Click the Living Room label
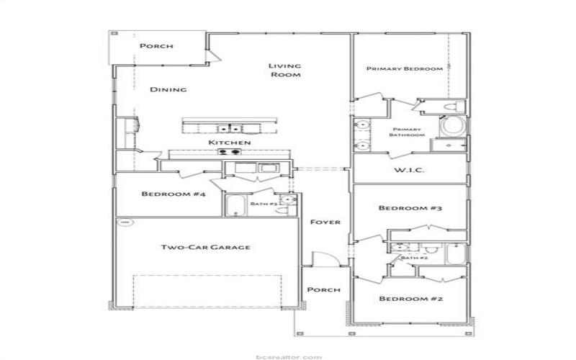[x=284, y=71]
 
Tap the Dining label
[x=168, y=90]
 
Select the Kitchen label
[x=229, y=143]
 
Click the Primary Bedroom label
[x=404, y=69]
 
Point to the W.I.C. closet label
[x=410, y=171]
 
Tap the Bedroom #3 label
[x=410, y=208]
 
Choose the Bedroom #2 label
[x=410, y=298]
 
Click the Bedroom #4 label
[x=163, y=194]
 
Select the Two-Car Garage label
[x=205, y=247]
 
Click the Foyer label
[x=325, y=222]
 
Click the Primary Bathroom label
[x=408, y=132]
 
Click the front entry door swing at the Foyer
[x=320, y=261]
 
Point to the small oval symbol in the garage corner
[x=125, y=223]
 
